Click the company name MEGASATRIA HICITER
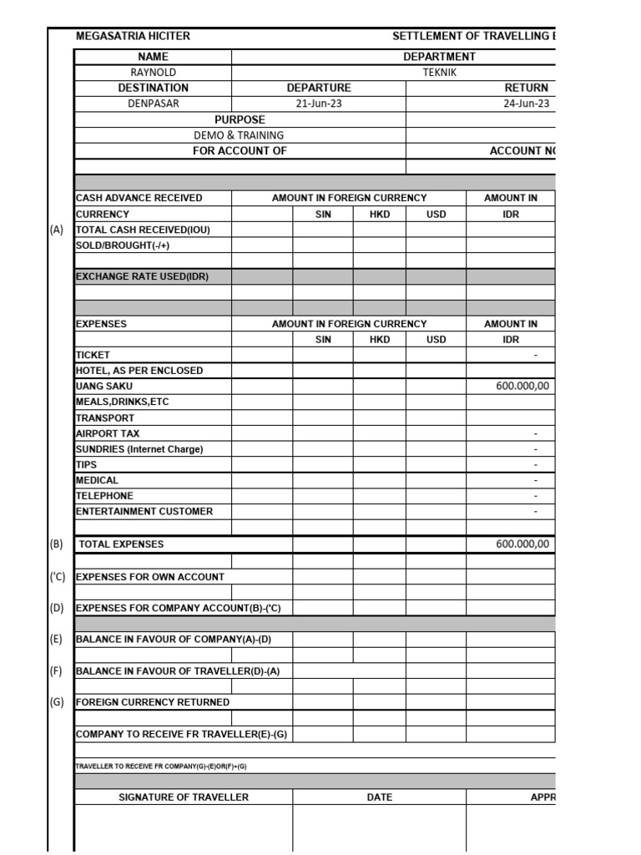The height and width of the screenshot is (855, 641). (133, 37)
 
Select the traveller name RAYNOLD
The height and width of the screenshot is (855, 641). (153, 73)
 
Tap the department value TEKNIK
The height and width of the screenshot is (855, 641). (439, 73)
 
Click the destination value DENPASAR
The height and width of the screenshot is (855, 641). (153, 104)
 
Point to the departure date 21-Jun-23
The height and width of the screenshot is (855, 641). (319, 104)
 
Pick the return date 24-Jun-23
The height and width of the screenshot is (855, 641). (526, 104)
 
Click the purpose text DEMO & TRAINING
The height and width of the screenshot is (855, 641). (239, 135)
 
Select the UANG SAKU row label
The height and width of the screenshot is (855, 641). (104, 386)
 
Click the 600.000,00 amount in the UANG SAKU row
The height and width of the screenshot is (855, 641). (522, 386)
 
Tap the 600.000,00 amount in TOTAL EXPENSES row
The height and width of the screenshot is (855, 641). (522, 544)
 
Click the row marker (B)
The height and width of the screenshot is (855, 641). (57, 544)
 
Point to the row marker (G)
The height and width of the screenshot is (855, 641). (57, 702)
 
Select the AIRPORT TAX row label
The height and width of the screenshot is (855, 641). (108, 433)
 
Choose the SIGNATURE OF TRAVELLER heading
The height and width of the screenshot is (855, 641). (184, 797)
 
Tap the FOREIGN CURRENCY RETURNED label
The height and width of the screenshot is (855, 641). (153, 702)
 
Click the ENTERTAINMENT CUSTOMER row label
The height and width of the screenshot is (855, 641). (144, 511)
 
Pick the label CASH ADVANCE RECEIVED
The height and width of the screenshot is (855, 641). (139, 198)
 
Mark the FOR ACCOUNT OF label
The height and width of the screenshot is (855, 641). (240, 151)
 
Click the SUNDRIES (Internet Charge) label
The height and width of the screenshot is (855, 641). (139, 449)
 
